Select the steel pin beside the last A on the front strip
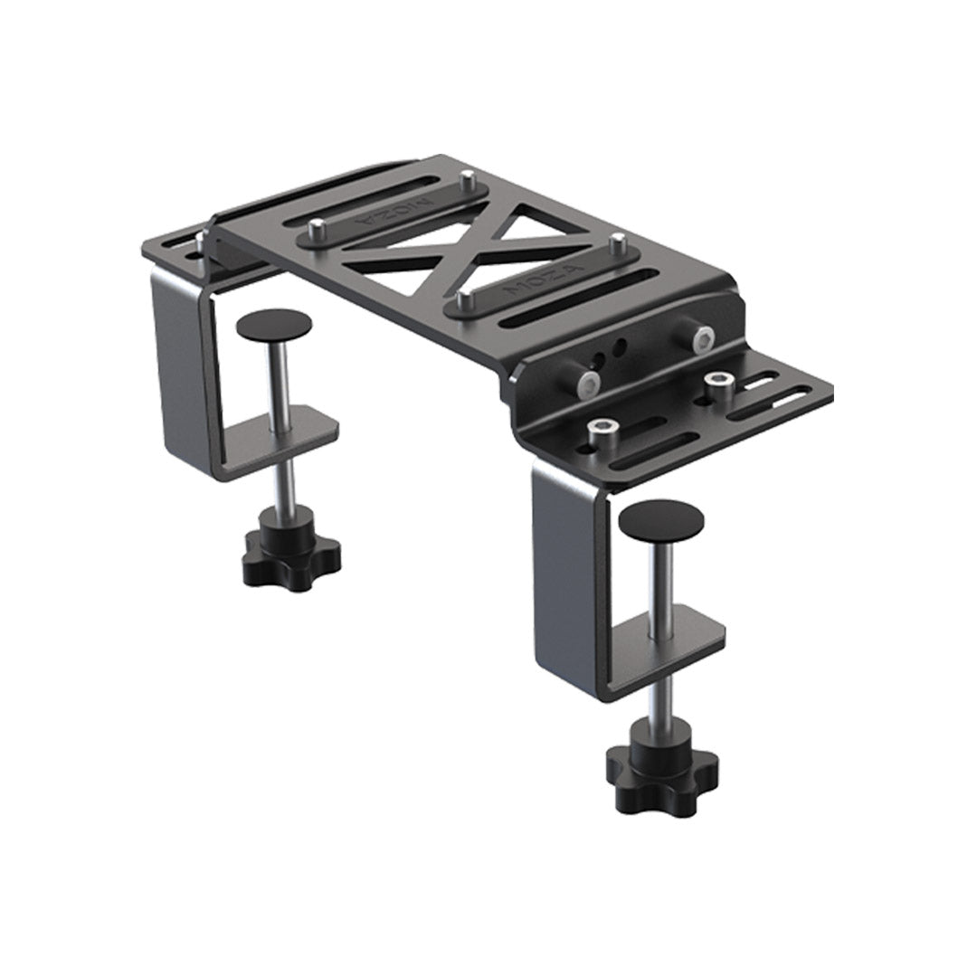pos(616,242)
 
